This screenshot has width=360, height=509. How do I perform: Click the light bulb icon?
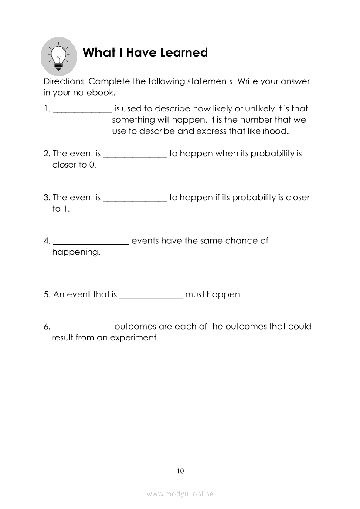[x=58, y=56]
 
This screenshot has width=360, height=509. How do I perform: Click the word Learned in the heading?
[x=184, y=53]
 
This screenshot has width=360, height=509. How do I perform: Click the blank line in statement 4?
[x=91, y=244]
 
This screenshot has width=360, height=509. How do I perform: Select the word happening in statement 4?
[x=76, y=253]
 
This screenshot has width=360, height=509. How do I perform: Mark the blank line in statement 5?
[x=151, y=297]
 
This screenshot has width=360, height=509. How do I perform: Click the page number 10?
[x=180, y=471]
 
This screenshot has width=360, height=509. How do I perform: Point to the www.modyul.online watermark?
[x=180, y=494]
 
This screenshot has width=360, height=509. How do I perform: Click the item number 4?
[x=46, y=241]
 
